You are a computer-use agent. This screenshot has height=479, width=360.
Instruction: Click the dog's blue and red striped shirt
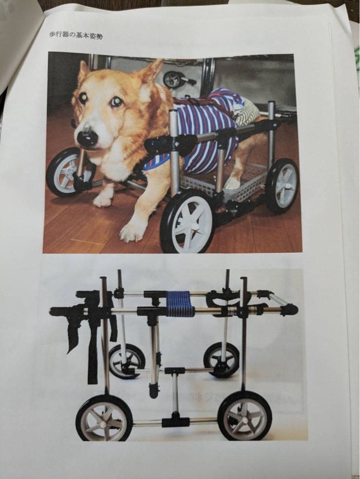[x=209, y=129]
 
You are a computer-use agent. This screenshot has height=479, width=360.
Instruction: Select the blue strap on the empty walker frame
[x=180, y=304]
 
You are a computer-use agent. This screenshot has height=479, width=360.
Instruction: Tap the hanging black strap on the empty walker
[x=92, y=346]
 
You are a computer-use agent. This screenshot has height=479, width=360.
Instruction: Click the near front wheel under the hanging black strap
[x=104, y=417]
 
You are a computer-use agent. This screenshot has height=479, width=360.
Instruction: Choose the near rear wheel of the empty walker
[x=245, y=415]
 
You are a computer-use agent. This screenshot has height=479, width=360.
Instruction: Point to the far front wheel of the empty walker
[x=127, y=361]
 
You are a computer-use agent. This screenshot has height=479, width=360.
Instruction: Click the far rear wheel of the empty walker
[x=222, y=358]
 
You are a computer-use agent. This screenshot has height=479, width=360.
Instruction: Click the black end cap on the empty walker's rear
[x=289, y=309]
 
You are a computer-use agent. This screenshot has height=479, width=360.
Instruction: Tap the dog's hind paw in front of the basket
[x=232, y=183]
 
